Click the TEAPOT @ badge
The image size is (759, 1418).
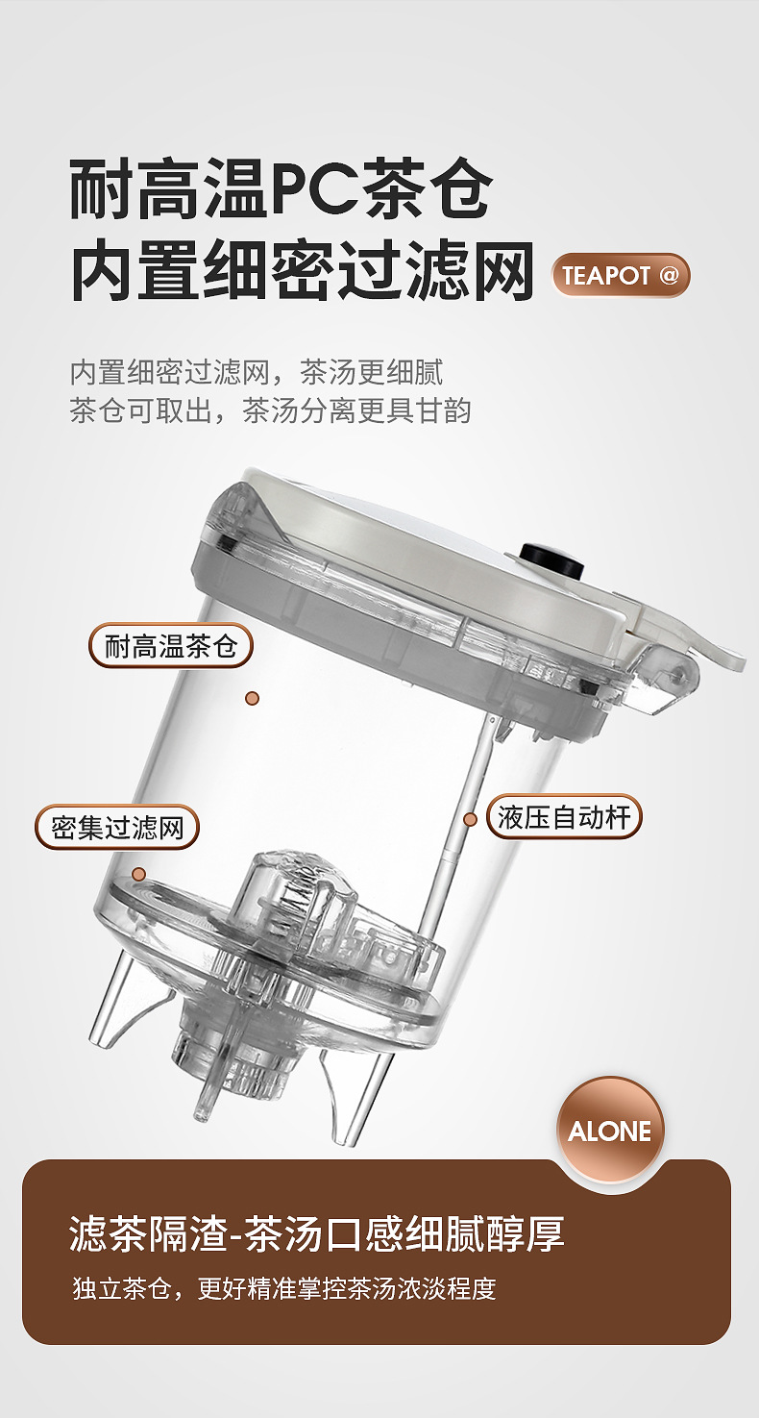(x=620, y=275)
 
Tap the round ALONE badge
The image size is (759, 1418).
(x=610, y=1132)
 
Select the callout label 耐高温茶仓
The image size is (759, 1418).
(x=171, y=646)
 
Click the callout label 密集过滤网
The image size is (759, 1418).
(x=117, y=828)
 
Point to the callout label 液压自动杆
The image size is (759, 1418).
(x=564, y=816)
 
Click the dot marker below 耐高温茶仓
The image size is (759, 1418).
(x=253, y=698)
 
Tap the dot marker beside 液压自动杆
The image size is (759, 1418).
(x=470, y=820)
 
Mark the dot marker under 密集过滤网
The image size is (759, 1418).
(x=138, y=875)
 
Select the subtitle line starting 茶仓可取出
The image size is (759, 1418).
(x=271, y=410)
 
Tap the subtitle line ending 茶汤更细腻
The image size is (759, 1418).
(x=257, y=372)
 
